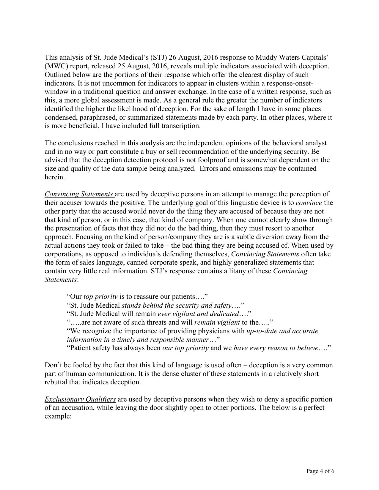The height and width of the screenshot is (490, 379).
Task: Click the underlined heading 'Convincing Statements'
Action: point(79,194)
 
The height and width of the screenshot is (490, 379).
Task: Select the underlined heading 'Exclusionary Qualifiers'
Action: point(80,399)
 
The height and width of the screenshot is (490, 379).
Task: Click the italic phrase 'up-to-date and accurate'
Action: point(282,331)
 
